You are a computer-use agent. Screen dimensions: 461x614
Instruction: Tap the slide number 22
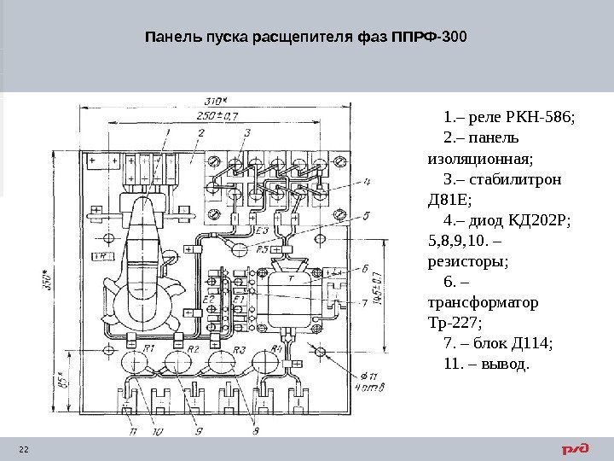[x=24, y=450]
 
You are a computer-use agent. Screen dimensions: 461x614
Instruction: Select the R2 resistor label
[x=193, y=349]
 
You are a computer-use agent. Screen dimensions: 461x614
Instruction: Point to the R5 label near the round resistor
[x=262, y=249]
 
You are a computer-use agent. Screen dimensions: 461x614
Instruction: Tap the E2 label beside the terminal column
[x=208, y=299]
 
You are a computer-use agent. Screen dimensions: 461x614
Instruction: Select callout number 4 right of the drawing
[x=367, y=182]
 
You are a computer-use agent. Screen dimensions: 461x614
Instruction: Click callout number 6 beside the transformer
[x=365, y=268]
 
